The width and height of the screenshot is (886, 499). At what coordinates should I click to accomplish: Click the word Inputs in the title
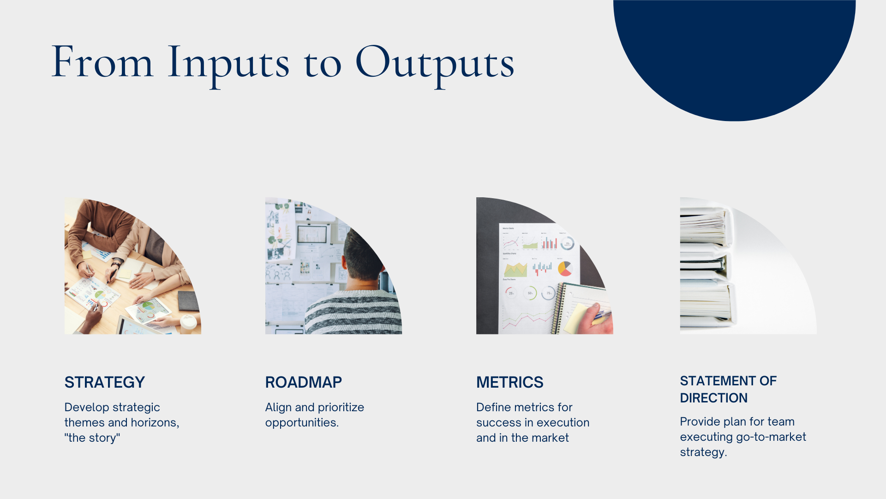coord(228,64)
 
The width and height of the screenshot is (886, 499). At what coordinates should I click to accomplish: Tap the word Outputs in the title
coord(435,64)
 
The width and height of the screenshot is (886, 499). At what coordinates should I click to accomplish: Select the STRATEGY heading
coord(105,382)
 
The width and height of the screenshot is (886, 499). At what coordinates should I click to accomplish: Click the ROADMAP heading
coord(304,382)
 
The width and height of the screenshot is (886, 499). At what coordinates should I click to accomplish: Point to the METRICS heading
coord(510,382)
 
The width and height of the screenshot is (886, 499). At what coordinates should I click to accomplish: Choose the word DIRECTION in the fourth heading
coord(714,398)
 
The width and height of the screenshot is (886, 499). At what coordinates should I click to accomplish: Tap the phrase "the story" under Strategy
coord(92,438)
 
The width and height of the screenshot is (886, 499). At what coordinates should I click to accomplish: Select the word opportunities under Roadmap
coord(302,423)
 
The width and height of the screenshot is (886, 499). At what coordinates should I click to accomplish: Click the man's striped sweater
coord(353,312)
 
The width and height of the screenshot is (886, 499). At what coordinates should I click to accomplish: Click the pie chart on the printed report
coord(565,268)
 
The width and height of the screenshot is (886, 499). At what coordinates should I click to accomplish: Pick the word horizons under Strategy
coord(155,423)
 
